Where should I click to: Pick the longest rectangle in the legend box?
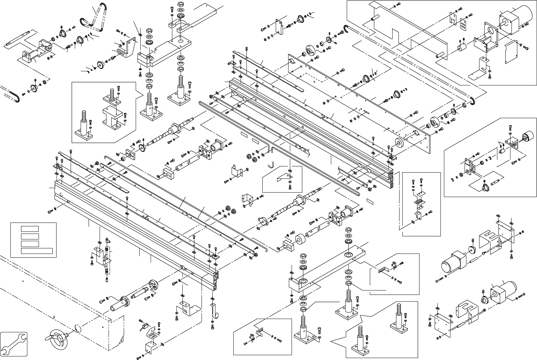tap(37, 251)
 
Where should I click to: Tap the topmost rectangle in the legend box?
tap(30, 228)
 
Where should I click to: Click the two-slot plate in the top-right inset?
tap(465, 24)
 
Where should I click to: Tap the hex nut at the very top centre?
tap(180, 4)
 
